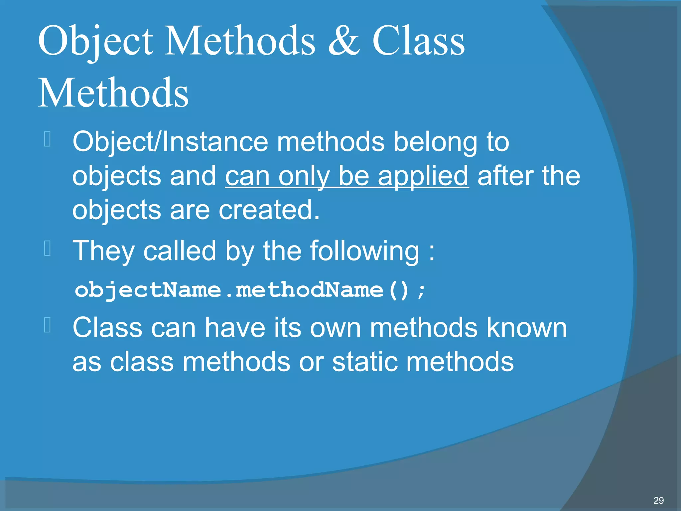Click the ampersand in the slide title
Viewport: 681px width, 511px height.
click(343, 41)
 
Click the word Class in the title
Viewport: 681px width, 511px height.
click(418, 41)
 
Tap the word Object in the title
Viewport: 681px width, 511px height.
click(95, 41)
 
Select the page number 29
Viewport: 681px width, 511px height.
click(658, 500)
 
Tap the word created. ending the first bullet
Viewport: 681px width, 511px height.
click(269, 210)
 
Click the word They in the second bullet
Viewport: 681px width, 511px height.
click(103, 251)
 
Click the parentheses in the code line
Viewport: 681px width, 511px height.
click(399, 290)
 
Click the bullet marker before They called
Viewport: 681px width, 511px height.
click(47, 249)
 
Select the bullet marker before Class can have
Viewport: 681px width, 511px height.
click(47, 325)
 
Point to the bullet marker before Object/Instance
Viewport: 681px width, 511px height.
click(47, 139)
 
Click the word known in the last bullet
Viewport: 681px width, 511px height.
click(527, 328)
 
